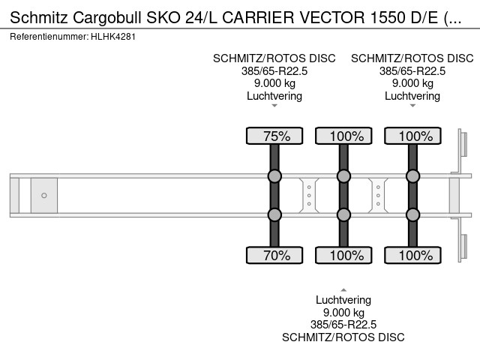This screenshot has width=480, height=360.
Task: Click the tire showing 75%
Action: pos(274,136)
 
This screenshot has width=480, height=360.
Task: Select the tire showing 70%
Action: pos(274,255)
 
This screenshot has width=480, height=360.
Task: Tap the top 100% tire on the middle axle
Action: pos(343,136)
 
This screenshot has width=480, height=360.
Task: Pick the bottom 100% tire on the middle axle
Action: pos(343,255)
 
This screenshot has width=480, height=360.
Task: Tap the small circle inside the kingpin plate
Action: pos(44,196)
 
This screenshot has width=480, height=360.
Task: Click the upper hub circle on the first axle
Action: pos(274,177)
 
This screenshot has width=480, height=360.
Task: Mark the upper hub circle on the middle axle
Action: pos(343,177)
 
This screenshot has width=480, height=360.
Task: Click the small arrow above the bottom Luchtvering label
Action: pos(343,289)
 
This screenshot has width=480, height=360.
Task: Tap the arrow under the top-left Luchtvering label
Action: pos(274,106)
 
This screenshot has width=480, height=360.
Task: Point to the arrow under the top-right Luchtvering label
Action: pos(412,106)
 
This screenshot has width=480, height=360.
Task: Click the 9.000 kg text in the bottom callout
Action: pos(343,313)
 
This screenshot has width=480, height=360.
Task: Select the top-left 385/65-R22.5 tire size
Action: pos(274,71)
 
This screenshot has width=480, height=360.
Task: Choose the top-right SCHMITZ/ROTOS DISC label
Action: pos(412,58)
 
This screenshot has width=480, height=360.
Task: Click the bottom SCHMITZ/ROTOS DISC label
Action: pos(343,337)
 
